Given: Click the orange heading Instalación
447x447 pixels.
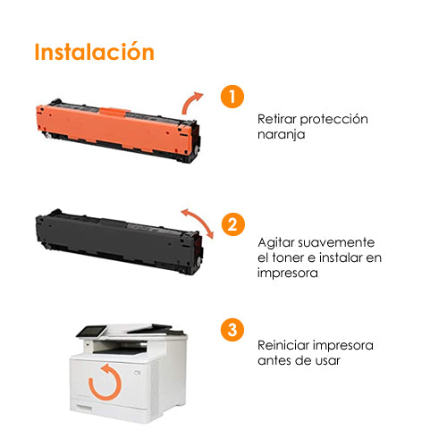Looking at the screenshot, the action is [x=95, y=51].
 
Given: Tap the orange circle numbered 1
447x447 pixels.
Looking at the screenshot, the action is [x=232, y=97].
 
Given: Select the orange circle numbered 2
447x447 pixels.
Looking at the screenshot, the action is [x=232, y=224].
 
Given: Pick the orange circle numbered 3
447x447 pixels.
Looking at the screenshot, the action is [x=232, y=330].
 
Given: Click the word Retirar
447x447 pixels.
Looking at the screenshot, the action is [x=277, y=119].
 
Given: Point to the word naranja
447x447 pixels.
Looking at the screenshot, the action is [x=281, y=134].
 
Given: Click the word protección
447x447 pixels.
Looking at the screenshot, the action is [x=334, y=120].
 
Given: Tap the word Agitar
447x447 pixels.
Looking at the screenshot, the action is [x=276, y=243].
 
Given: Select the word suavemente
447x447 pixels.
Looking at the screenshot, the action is [x=336, y=242].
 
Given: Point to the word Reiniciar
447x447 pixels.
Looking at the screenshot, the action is [x=283, y=345].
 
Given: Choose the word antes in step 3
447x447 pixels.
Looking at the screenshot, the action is [x=273, y=360].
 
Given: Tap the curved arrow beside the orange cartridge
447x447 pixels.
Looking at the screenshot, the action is [x=189, y=100].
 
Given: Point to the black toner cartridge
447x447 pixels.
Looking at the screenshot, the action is [x=119, y=241].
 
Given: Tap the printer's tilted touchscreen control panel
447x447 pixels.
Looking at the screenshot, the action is [x=92, y=331].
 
